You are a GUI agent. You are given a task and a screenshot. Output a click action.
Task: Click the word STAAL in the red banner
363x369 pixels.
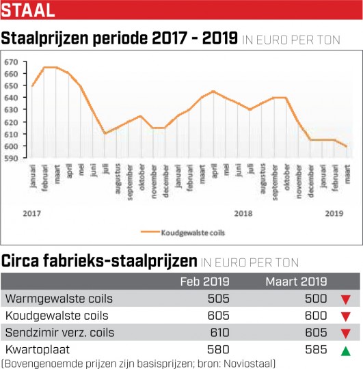click(x=28, y=10)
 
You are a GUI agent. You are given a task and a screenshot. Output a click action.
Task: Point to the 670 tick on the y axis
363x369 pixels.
click(x=11, y=62)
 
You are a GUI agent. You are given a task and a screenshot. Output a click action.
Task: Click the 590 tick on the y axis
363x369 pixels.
click(x=11, y=159)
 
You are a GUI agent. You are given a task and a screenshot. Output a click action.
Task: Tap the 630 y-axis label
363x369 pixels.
click(x=11, y=110)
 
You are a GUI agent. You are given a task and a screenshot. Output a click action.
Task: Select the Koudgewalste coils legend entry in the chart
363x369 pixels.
click(x=183, y=232)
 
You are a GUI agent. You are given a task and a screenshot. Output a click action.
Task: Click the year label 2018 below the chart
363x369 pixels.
click(x=243, y=213)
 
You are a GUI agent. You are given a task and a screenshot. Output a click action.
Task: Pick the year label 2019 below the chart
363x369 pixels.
click(x=334, y=213)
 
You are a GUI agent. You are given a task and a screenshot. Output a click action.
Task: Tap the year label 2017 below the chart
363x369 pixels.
click(x=31, y=213)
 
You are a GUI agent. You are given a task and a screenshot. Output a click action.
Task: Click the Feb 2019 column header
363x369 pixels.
click(x=205, y=282)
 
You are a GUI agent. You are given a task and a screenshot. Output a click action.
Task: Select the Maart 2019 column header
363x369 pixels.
click(x=297, y=282)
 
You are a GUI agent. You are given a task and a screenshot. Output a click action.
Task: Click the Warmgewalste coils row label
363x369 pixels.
click(x=59, y=299)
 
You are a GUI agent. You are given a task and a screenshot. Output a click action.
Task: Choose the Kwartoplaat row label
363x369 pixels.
click(x=38, y=349)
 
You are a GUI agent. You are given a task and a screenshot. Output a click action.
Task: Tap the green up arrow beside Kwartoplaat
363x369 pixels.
click(x=346, y=351)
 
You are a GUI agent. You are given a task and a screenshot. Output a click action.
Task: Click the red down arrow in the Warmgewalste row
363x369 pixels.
click(x=346, y=299)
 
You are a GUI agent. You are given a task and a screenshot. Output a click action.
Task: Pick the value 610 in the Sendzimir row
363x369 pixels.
click(x=219, y=333)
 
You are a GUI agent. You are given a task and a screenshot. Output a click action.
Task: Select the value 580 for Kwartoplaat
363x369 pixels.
click(x=218, y=349)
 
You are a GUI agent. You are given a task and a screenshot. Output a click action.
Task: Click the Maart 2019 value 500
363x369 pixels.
click(x=316, y=299)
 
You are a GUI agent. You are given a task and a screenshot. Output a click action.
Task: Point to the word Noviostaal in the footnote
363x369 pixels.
click(x=248, y=364)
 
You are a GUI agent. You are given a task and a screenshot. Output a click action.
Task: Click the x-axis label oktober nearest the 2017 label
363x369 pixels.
click(x=142, y=178)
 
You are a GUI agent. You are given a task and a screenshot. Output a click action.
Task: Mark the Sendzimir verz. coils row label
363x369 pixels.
click(x=59, y=333)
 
